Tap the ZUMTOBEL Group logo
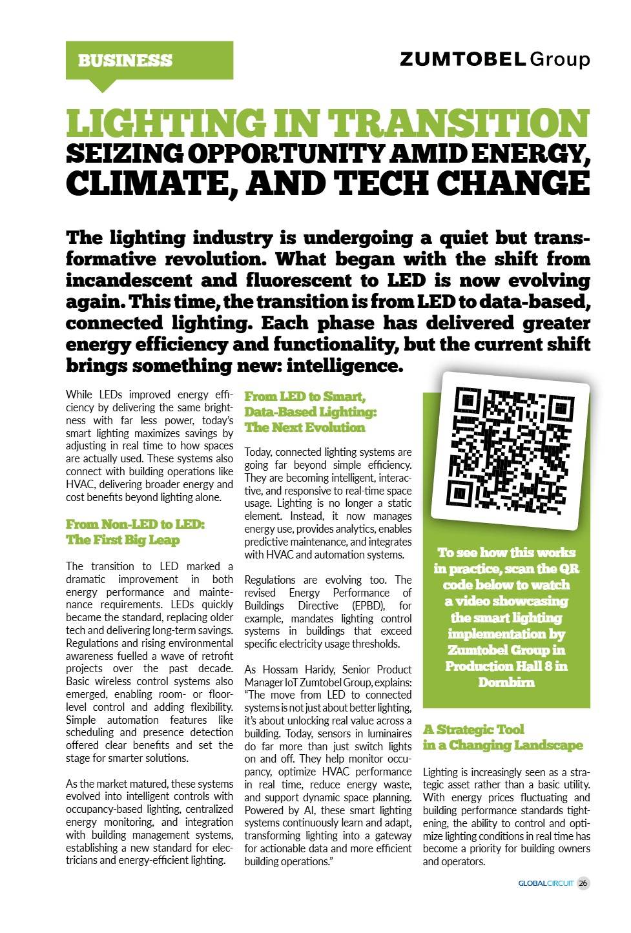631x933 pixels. (x=495, y=59)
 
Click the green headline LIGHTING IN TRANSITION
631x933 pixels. (x=327, y=123)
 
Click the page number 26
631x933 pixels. (x=583, y=883)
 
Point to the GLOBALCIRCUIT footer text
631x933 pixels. (x=546, y=883)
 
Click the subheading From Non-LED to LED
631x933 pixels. (x=135, y=524)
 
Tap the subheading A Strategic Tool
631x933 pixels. (x=473, y=730)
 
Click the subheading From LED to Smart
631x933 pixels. (x=305, y=396)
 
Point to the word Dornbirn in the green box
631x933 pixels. (x=506, y=682)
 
